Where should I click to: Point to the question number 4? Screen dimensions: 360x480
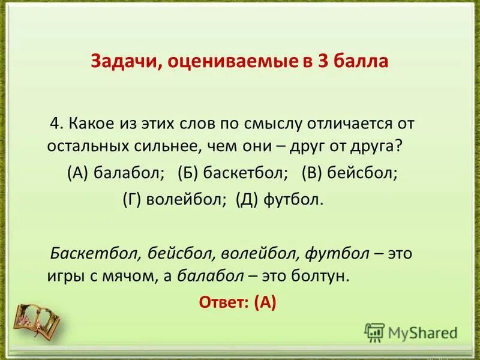[56, 124]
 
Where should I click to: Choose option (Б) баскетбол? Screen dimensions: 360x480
[233, 173]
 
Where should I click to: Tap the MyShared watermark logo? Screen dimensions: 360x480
[411, 331]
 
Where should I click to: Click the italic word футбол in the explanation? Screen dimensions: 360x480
[337, 253]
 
